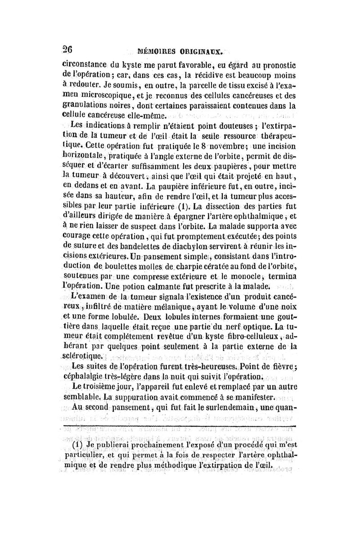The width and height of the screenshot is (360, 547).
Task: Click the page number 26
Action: (x=67, y=50)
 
